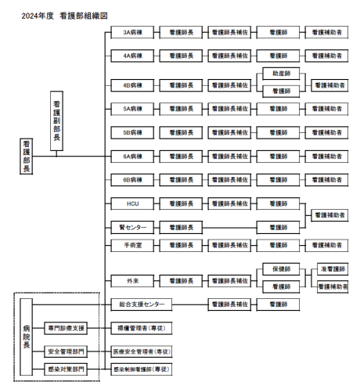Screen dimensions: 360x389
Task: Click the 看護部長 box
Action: [x=27, y=157]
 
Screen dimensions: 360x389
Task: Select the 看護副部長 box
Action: [x=56, y=121]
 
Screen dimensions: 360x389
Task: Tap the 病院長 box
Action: [x=27, y=337]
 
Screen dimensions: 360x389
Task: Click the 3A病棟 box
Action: [x=132, y=32]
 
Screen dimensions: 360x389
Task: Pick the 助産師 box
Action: [x=281, y=74]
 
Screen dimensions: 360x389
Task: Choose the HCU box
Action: [x=132, y=204]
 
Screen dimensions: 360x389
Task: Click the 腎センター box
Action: [x=132, y=228]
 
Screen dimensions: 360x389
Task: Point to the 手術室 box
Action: [x=132, y=245]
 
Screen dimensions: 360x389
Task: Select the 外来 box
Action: [x=132, y=281]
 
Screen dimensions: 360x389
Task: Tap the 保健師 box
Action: [x=281, y=269]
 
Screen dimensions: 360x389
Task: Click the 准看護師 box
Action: [x=333, y=269]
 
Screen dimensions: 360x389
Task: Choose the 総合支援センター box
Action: [x=142, y=304]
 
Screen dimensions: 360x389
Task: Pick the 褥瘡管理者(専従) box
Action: [x=142, y=328]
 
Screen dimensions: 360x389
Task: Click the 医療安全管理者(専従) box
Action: [x=142, y=351]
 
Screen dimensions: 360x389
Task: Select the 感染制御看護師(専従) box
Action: [x=142, y=369]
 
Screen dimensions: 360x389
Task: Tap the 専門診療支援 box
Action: [x=66, y=328]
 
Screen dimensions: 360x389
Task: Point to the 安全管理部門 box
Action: [x=66, y=351]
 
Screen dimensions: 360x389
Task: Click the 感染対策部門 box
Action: [x=66, y=369]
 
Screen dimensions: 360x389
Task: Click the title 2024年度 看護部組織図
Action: [x=64, y=16]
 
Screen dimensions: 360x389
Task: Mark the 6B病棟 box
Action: [x=132, y=180]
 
